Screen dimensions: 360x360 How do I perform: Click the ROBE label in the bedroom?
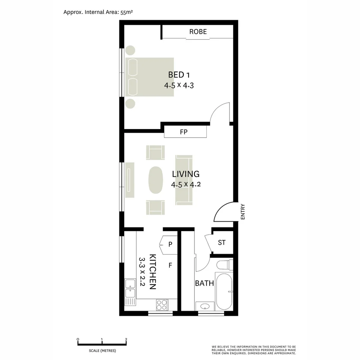pyautogui.click(x=198, y=32)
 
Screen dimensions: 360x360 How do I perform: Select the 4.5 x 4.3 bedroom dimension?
pyautogui.click(x=179, y=85)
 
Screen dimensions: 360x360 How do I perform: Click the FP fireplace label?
pyautogui.click(x=184, y=132)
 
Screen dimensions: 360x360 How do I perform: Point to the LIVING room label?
pyautogui.click(x=186, y=174)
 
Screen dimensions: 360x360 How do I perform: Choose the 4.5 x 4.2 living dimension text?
pyautogui.click(x=186, y=185)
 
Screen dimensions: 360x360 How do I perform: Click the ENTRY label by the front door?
pyautogui.click(x=243, y=212)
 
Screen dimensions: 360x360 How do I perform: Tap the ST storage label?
pyautogui.click(x=222, y=243)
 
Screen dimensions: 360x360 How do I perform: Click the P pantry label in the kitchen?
pyautogui.click(x=170, y=244)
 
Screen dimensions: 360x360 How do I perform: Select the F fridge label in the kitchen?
pyautogui.click(x=170, y=266)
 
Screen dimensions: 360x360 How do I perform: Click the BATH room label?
pyautogui.click(x=204, y=283)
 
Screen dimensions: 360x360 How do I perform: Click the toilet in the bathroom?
pyautogui.click(x=224, y=265)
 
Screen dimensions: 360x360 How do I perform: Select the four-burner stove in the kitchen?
pyautogui.click(x=162, y=305)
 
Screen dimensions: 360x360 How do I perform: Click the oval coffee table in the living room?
pyautogui.click(x=156, y=180)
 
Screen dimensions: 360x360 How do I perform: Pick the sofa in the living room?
pyautogui.click(x=184, y=180)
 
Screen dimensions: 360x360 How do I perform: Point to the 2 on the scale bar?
pyautogui.click(x=126, y=339)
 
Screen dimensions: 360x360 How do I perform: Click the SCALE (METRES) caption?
pyautogui.click(x=102, y=351)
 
